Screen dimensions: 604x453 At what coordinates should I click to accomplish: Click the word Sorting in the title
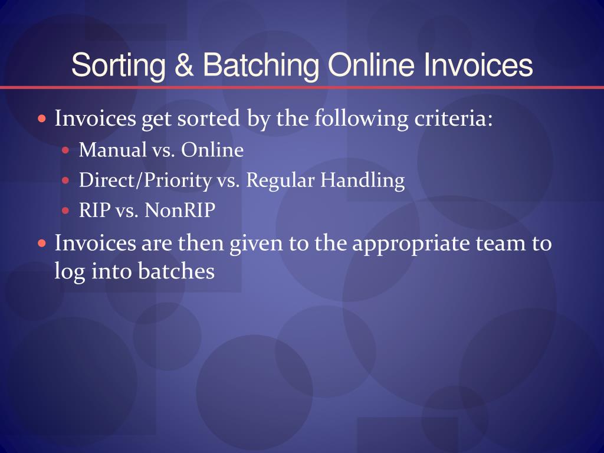(119, 65)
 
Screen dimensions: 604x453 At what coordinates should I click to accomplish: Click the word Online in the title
(372, 64)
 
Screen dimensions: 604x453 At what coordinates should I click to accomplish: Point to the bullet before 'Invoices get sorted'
(42, 118)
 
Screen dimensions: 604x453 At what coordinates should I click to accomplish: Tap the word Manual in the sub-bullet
(113, 149)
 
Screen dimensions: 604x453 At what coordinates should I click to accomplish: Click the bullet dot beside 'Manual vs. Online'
(65, 150)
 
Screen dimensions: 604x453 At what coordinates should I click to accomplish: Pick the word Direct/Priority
(145, 180)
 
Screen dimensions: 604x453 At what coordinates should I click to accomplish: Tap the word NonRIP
(180, 211)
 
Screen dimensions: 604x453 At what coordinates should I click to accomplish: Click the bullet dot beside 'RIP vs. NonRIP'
(65, 211)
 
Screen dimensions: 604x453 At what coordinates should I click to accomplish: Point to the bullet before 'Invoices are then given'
(42, 244)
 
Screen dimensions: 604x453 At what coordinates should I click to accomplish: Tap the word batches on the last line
(176, 271)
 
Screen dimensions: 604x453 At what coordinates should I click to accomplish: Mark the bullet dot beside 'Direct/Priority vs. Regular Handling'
(65, 180)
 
